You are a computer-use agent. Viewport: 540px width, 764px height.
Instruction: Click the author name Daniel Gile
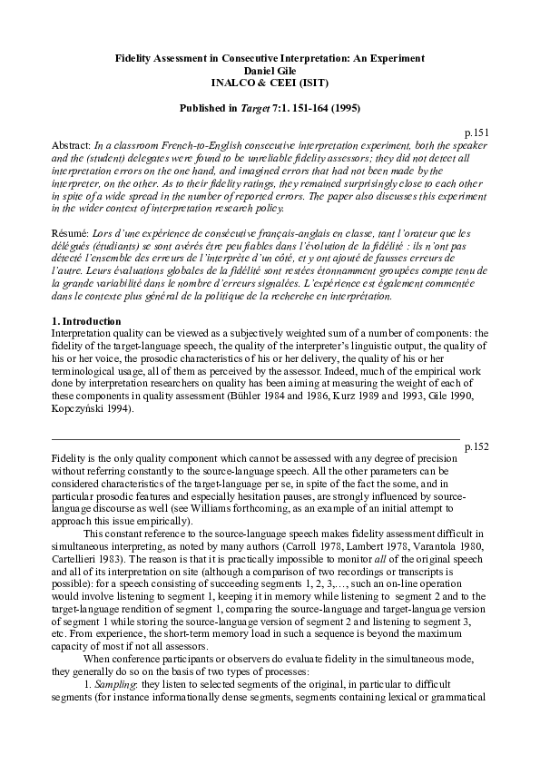(x=270, y=70)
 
